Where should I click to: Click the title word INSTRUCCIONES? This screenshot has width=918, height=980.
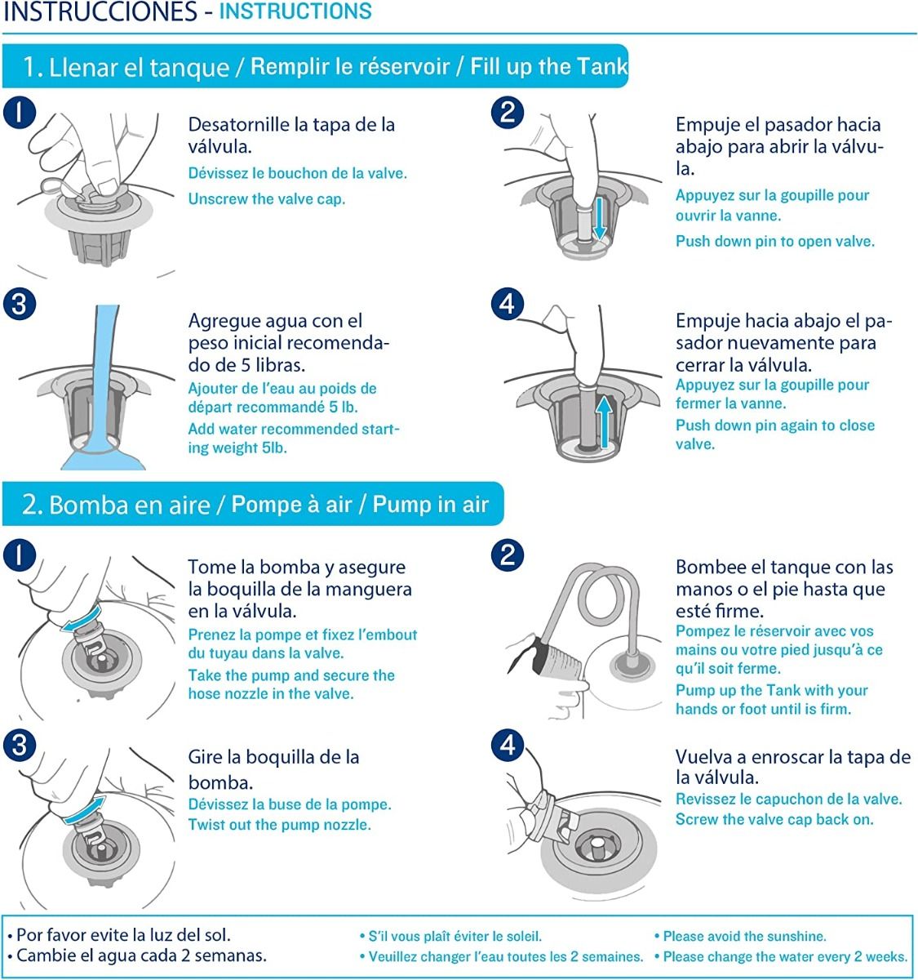tap(100, 12)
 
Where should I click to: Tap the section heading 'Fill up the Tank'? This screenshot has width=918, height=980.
tap(548, 67)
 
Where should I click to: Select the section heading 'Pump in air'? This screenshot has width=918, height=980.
tap(430, 505)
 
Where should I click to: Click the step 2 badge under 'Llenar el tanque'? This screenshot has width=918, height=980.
tap(508, 112)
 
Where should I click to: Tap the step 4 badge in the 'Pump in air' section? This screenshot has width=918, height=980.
tap(508, 745)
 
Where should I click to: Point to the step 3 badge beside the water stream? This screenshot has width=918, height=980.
tap(19, 305)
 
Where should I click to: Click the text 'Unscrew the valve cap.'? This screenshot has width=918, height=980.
tap(267, 199)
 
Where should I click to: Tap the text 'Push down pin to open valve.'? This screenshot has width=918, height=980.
tap(774, 242)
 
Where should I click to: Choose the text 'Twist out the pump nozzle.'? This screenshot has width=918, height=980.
tap(279, 825)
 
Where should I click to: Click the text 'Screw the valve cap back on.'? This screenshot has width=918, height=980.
tap(774, 819)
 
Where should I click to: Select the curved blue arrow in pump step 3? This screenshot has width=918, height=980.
tap(84, 810)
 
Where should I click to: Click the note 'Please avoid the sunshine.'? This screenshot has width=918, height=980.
tap(744, 937)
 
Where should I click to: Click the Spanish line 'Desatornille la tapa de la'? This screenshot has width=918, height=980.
tap(291, 125)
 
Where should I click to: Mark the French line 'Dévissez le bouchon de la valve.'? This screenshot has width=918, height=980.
tap(297, 173)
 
